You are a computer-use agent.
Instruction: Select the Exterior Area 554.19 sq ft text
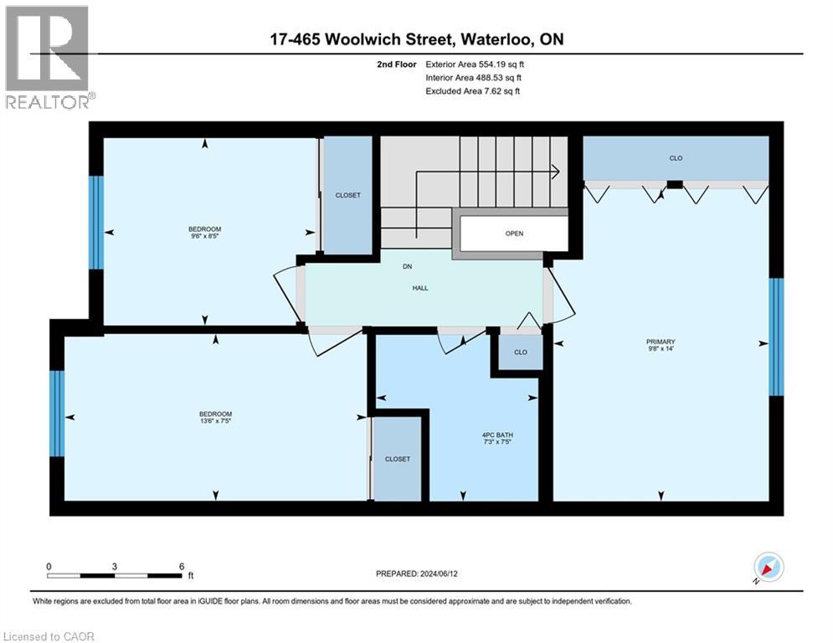pos(475,64)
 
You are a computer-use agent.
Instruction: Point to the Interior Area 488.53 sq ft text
pos(473,77)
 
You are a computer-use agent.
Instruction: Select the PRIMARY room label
pos(660,342)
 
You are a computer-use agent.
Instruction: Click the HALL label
pos(420,288)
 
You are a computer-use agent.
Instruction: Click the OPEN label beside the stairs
pos(514,234)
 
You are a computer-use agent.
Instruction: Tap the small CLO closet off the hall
pos(521,352)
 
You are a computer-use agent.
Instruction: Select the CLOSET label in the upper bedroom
pos(347,195)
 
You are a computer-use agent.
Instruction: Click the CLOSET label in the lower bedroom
pos(398,459)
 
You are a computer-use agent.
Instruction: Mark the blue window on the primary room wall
pos(776,337)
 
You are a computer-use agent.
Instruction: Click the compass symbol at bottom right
pos(768,568)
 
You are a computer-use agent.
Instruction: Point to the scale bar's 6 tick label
pos(182,566)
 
